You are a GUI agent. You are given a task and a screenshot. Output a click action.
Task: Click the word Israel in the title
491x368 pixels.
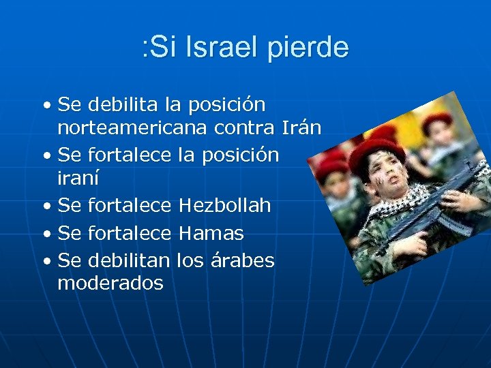(x=217, y=48)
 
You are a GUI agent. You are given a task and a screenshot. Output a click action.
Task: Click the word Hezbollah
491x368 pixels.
(x=224, y=205)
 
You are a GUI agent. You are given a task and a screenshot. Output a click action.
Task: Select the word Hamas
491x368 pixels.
(x=211, y=234)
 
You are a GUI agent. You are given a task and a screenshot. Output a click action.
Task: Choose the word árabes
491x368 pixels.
(x=240, y=261)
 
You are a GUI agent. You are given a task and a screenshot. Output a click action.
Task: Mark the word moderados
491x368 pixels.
(x=110, y=283)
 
